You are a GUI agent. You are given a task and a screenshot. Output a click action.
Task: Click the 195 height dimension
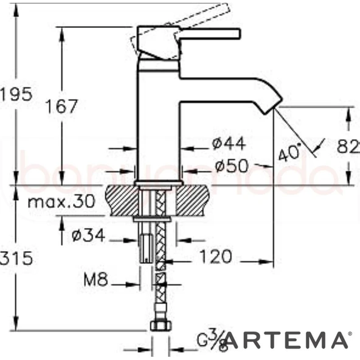tap(15, 94)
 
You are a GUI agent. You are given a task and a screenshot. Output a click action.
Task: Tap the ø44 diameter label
tap(229, 144)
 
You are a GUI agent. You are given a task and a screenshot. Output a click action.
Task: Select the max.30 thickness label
tap(60, 202)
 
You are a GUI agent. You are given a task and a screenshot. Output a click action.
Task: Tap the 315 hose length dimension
tap(16, 258)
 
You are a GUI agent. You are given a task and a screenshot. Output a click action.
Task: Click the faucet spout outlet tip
tap(272, 108)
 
